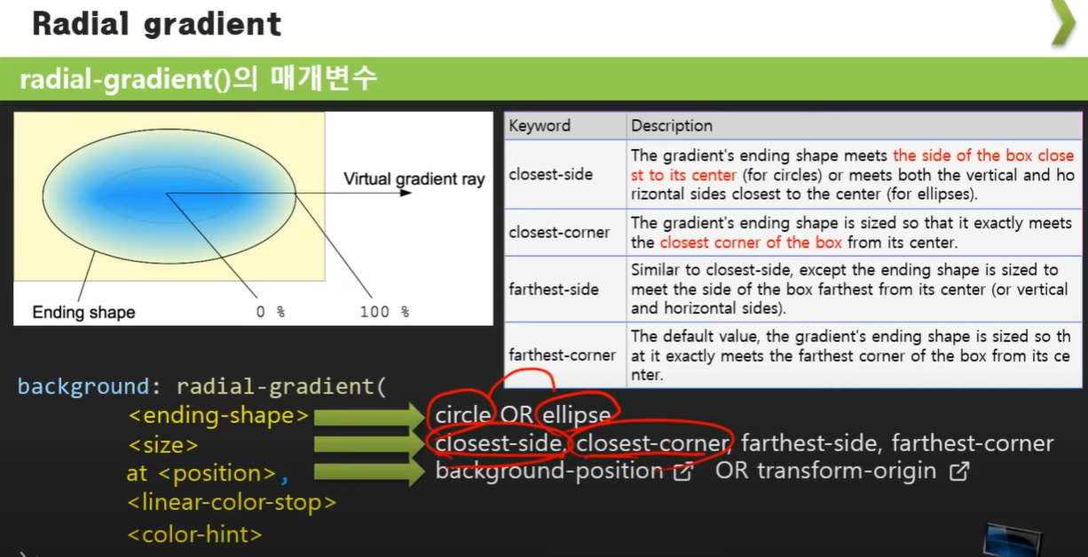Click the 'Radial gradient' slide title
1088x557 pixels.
[157, 24]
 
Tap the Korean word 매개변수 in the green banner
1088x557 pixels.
[324, 78]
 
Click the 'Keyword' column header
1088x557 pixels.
[540, 126]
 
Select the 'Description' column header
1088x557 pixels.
[671, 126]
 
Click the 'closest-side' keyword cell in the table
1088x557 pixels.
[550, 174]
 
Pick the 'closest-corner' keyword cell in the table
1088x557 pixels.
[558, 233]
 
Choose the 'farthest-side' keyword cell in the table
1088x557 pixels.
[553, 290]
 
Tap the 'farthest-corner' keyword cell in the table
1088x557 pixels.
[562, 354]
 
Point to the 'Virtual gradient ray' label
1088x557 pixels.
[414, 179]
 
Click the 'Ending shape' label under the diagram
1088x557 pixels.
[83, 312]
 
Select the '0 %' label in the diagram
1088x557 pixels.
[271, 312]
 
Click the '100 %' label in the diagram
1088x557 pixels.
[384, 312]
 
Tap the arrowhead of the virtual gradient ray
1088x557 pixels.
[406, 193]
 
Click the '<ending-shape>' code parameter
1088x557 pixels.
[218, 416]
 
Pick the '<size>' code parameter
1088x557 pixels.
[162, 445]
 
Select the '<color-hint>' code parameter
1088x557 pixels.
[194, 534]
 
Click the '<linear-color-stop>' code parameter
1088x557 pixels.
[232, 502]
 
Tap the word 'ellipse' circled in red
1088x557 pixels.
[576, 415]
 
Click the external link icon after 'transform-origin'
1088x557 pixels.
[958, 472]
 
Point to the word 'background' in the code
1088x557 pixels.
[83, 386]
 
